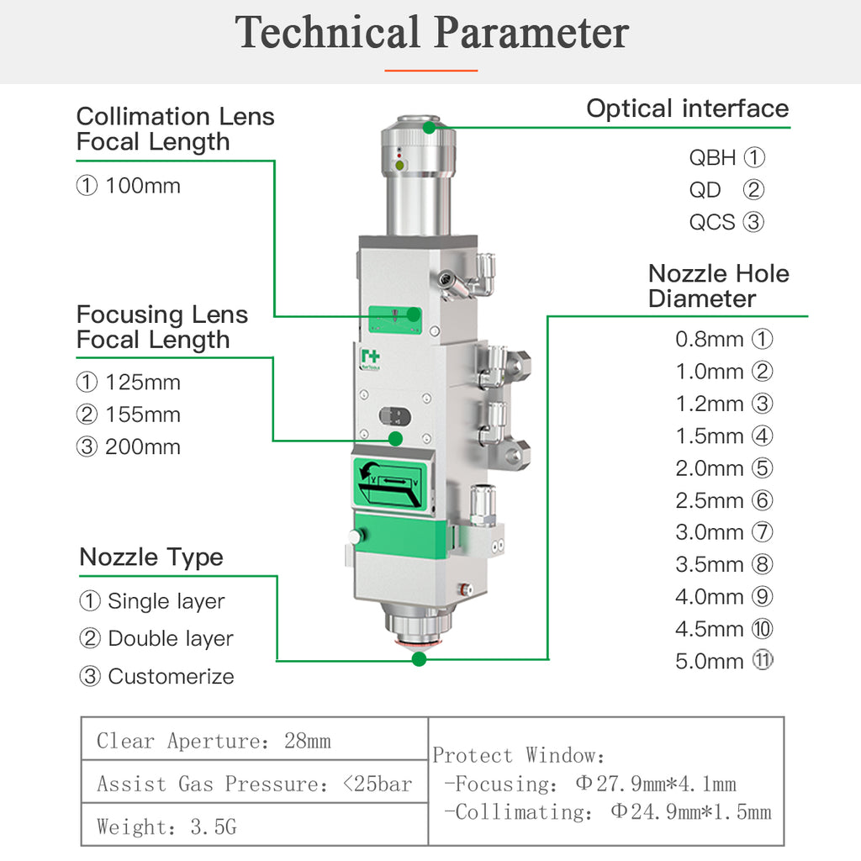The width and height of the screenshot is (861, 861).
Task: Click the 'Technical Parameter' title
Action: [x=431, y=32]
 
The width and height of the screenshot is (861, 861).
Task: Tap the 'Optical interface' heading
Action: [x=688, y=108]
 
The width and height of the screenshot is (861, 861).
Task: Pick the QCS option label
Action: [x=712, y=222]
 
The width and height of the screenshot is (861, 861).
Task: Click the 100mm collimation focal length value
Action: [x=143, y=186]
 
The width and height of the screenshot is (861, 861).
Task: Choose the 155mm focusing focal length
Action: [x=143, y=415]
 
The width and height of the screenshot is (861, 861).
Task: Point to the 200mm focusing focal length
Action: [x=143, y=447]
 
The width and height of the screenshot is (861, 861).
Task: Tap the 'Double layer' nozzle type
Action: [x=171, y=639]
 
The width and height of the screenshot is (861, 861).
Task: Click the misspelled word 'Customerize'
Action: [x=172, y=677]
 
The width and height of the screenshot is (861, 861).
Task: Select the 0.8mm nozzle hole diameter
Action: [x=710, y=340]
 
